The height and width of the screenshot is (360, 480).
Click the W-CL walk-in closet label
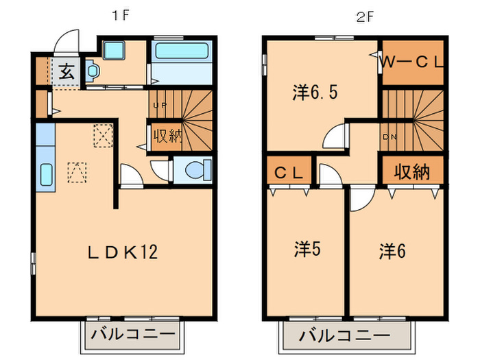pos(413,61)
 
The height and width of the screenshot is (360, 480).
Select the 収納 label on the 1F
pos(167,135)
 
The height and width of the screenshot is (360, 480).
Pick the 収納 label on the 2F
pos(412,172)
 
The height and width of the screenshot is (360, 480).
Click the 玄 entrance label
pos(66,71)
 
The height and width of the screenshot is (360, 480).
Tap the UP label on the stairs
pos(160,106)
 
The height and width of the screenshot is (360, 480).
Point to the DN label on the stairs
pos(389,137)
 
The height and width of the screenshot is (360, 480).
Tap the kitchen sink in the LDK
pos(47,176)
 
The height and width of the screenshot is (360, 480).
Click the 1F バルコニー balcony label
pos(130,337)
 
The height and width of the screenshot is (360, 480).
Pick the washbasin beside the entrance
pos(93,70)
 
